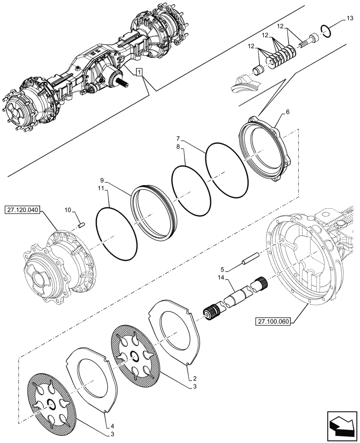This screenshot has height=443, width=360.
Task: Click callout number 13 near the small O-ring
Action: pyautogui.click(x=349, y=18)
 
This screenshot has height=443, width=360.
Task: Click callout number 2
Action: pyautogui.click(x=195, y=379)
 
